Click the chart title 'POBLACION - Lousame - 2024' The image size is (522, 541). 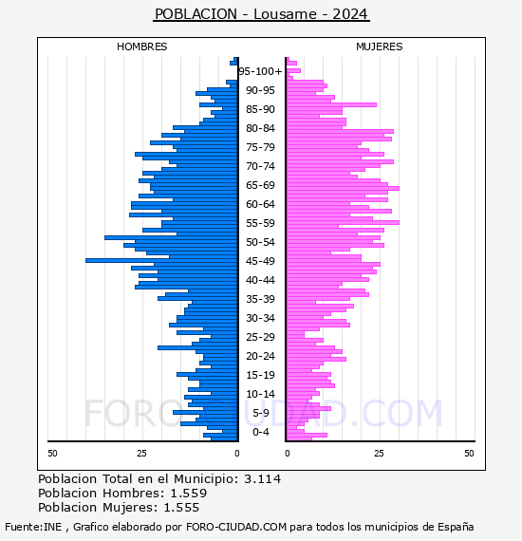click(x=261, y=14)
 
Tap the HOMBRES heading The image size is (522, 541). click(x=141, y=47)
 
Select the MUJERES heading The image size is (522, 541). click(x=380, y=47)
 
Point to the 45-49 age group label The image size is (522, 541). click(x=260, y=261)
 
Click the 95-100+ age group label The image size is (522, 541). click(x=260, y=71)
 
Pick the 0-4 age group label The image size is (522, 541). click(x=260, y=432)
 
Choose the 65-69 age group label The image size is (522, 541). click(x=260, y=185)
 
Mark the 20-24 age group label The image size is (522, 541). click(x=260, y=356)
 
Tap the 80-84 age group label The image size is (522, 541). click(x=260, y=128)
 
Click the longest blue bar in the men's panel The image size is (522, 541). click(x=161, y=260)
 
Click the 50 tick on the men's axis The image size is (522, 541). click(x=52, y=453)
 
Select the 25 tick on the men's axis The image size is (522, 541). click(x=141, y=453)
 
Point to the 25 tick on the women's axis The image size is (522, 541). click(x=379, y=453)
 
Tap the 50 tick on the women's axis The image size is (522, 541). click(x=469, y=453)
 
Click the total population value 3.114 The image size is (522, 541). click(x=263, y=479)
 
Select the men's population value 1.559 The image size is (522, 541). click(x=189, y=493)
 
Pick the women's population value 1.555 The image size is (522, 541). click(x=181, y=507)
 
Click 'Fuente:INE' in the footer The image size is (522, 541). click(x=33, y=527)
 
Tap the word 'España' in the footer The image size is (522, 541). click(x=456, y=528)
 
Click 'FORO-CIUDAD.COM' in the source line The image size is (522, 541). click(x=236, y=527)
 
